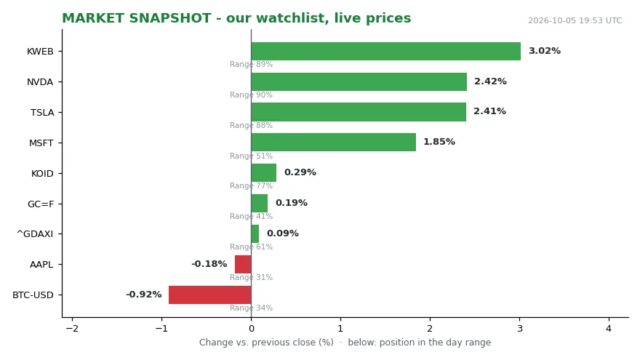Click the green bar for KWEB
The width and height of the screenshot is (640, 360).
[385, 51]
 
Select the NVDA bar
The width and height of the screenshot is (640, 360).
[359, 81]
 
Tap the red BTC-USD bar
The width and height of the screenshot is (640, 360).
[209, 295]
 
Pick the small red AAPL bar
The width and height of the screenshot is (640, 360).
[243, 264]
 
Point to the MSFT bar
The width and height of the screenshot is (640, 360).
[334, 142]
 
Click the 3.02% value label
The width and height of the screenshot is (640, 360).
[545, 51]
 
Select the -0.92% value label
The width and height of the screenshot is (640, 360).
[144, 295]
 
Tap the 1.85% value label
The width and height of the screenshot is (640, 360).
[439, 142]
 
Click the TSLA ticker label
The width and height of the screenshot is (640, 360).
[42, 112]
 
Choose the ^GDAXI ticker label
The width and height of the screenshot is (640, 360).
[35, 234]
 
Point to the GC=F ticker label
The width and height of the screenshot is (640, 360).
[41, 204]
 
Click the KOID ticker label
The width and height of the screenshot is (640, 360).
[42, 174]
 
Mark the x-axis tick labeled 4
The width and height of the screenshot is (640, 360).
[609, 328]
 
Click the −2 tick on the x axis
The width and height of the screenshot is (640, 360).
[72, 328]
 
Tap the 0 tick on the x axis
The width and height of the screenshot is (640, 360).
[252, 328]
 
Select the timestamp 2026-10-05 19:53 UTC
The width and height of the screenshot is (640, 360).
[575, 20]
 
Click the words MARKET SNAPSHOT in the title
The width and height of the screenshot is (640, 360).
[136, 18]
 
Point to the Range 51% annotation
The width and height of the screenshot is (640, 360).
[251, 156]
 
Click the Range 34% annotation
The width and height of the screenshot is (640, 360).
[251, 308]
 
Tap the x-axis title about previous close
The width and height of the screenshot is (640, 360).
[345, 342]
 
